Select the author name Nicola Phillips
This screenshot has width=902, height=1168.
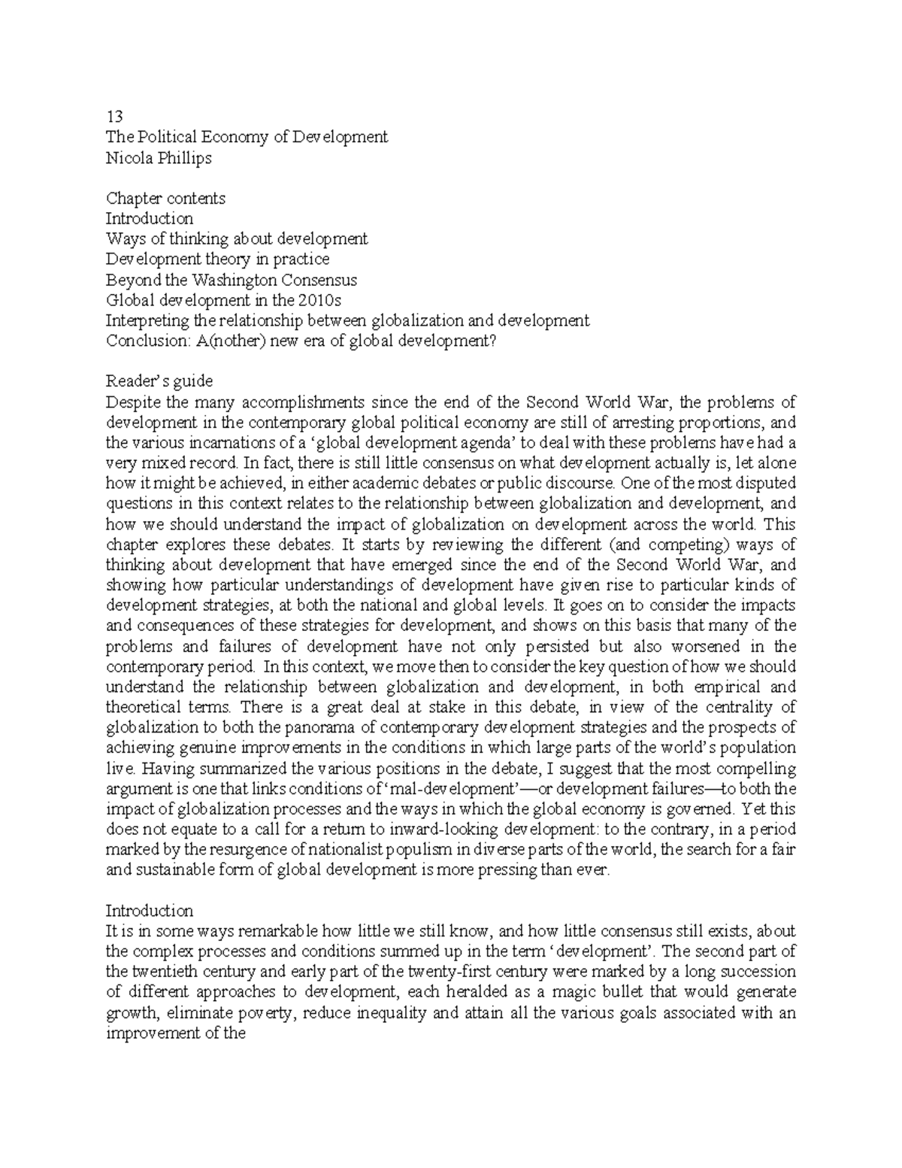tap(159, 157)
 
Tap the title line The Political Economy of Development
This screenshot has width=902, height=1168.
tap(247, 137)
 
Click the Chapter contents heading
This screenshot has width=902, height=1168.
tap(165, 199)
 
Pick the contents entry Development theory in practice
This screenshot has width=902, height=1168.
tap(217, 259)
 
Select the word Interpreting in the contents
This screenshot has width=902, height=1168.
tap(147, 321)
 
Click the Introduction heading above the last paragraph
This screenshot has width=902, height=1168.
tap(150, 911)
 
